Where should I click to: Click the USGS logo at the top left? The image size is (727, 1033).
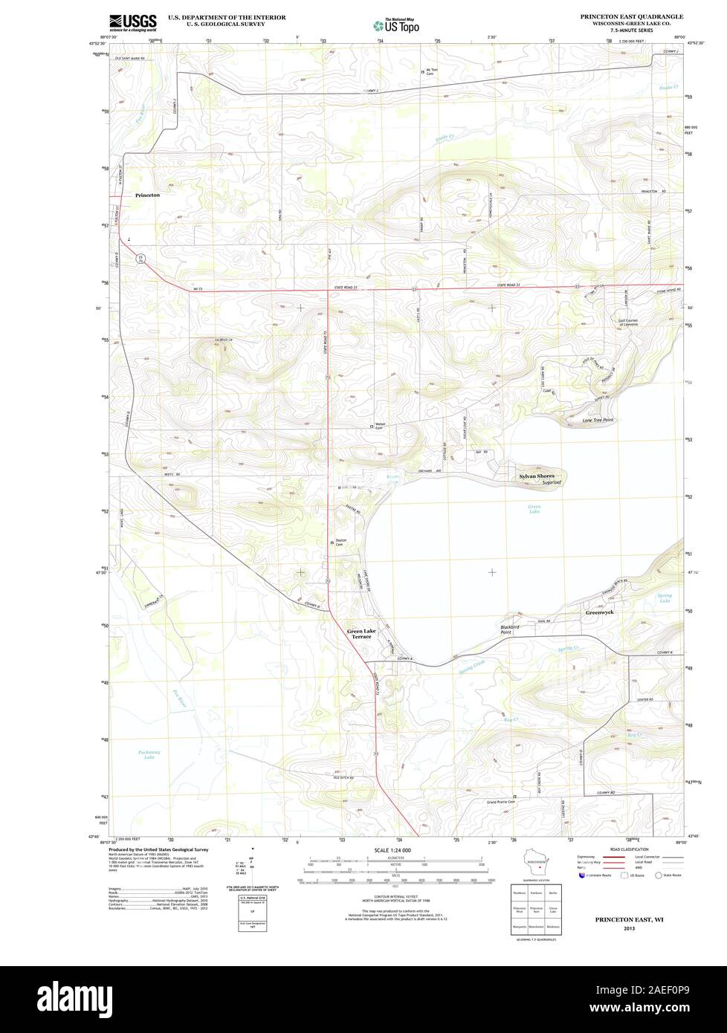133,22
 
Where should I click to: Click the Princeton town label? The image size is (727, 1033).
147,195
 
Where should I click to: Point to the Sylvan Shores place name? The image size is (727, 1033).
536,475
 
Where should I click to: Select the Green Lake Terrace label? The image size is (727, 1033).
361,634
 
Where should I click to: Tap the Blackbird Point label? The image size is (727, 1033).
511,629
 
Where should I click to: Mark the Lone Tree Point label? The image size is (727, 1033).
597,420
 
